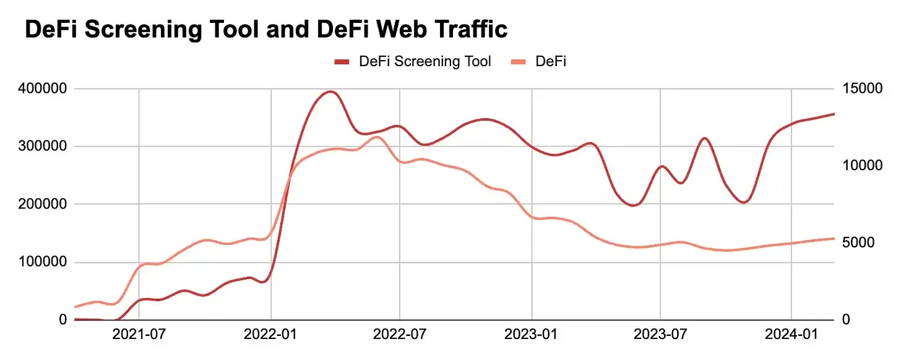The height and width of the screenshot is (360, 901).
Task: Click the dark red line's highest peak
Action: [x=330, y=92]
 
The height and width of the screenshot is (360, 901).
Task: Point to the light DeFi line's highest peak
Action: [x=377, y=137]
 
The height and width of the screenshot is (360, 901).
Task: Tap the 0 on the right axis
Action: [x=846, y=320]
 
